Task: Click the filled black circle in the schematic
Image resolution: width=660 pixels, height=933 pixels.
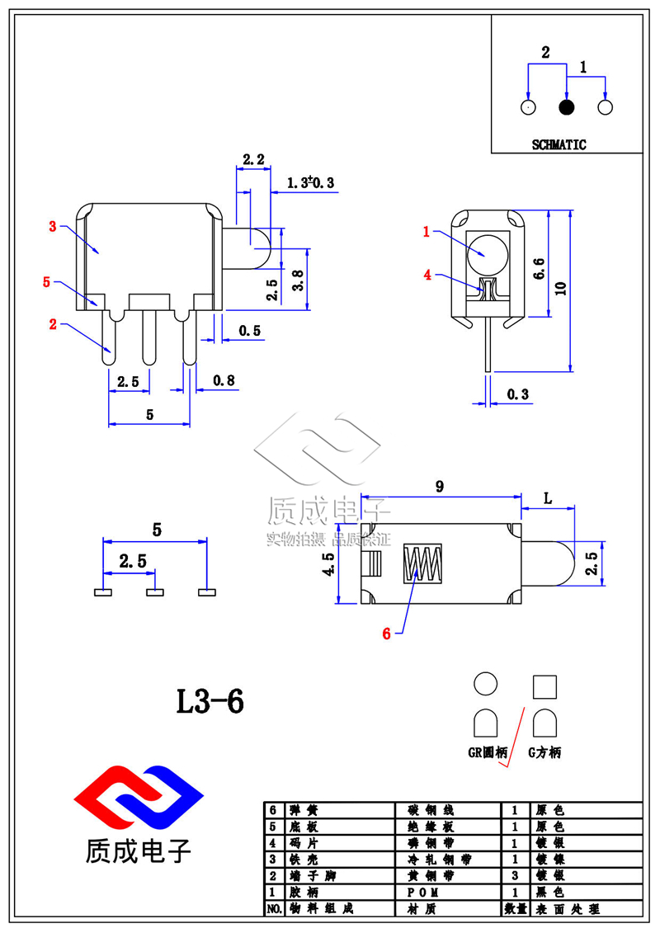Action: tap(567, 108)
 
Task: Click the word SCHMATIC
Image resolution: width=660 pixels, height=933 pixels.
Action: tap(559, 144)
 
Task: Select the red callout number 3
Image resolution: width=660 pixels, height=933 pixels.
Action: tap(53, 226)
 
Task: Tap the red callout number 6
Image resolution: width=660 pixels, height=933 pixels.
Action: tap(386, 634)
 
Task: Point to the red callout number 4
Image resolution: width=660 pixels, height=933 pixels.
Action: tap(427, 276)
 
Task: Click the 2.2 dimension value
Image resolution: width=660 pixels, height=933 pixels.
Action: tap(253, 159)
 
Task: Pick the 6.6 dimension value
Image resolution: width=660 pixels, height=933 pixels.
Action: tap(539, 270)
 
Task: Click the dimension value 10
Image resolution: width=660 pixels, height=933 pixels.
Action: tap(561, 287)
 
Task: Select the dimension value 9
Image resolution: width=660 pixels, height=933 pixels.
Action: tap(440, 487)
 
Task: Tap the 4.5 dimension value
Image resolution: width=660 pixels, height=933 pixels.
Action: tap(328, 566)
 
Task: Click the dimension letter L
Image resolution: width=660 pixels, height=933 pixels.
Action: tap(548, 498)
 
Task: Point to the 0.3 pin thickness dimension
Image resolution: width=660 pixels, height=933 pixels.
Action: tap(517, 395)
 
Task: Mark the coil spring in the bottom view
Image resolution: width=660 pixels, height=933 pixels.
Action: tap(422, 563)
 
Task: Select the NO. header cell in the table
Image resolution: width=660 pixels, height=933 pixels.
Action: tap(274, 908)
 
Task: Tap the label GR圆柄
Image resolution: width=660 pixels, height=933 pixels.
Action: tap(486, 752)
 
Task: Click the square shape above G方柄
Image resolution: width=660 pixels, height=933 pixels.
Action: tap(545, 686)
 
